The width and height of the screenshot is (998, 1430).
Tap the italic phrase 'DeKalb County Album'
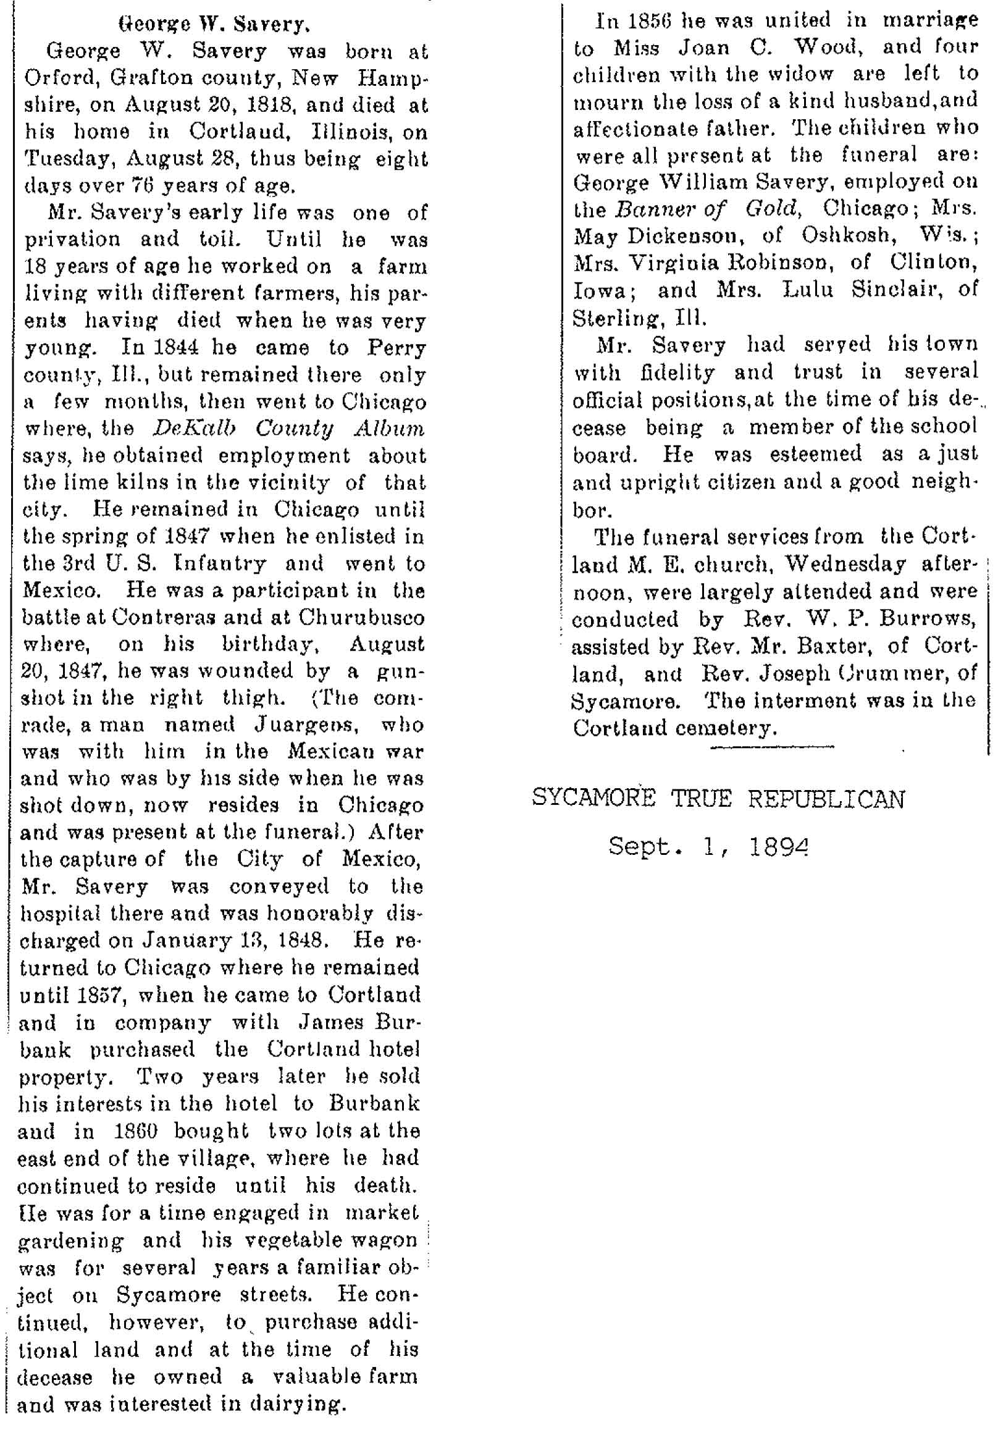(288, 429)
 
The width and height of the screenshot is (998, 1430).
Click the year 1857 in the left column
(101, 995)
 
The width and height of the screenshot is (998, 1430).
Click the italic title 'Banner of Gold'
(707, 209)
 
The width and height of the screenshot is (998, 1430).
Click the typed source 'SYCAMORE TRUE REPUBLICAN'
(718, 799)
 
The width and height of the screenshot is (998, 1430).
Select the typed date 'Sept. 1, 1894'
(708, 846)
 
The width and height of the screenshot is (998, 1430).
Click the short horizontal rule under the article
(771, 746)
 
